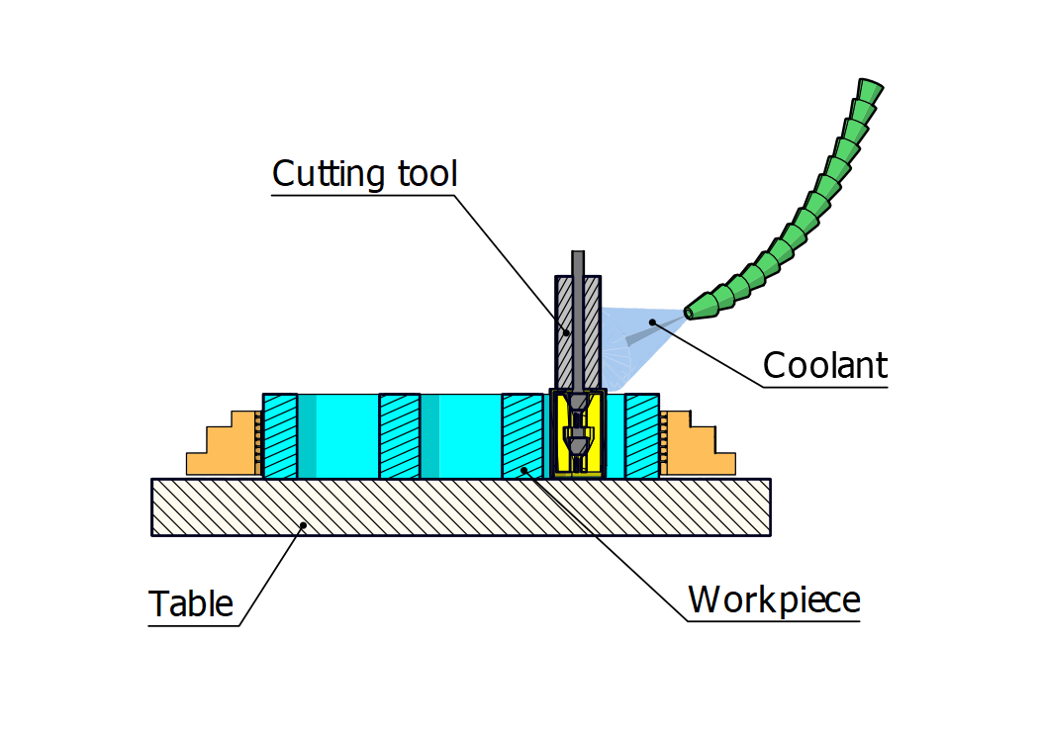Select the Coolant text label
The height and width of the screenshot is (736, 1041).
point(824,366)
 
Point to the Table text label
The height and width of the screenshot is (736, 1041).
point(191,603)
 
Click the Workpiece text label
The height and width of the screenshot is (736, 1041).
point(774,599)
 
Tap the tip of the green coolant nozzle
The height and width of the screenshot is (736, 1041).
point(690,313)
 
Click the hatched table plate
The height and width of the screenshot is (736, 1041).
point(461,506)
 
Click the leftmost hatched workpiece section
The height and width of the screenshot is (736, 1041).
point(280,436)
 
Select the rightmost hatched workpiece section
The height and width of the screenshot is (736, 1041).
point(642,436)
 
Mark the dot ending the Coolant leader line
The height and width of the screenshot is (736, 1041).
point(652,322)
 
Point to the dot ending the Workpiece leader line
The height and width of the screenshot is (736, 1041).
point(524,468)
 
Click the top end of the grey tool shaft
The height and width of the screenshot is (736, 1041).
point(578,255)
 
